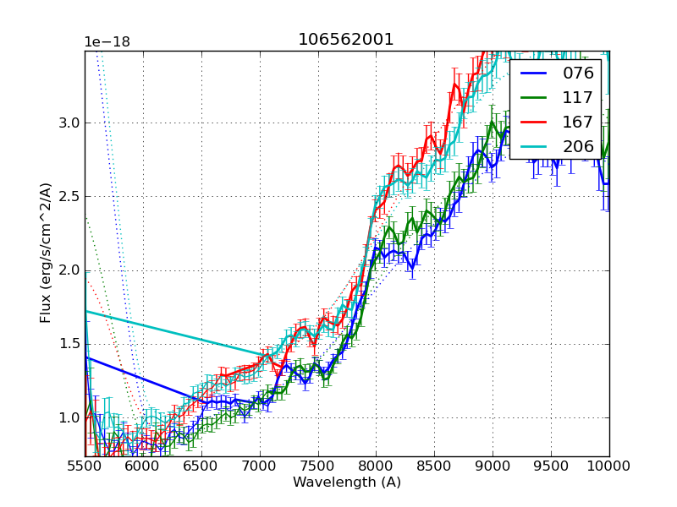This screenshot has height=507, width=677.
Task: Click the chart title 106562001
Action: (x=346, y=40)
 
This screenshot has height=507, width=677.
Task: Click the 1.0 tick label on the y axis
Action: (x=69, y=417)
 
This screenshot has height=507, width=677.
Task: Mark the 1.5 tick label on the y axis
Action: (x=69, y=344)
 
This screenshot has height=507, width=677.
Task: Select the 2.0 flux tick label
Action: (x=69, y=270)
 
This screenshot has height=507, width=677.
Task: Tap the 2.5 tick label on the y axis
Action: (x=69, y=197)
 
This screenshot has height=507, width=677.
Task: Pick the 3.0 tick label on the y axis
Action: (x=69, y=123)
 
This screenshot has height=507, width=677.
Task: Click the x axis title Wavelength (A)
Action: (x=347, y=482)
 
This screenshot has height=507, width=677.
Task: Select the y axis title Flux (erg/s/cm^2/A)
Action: (x=47, y=253)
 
